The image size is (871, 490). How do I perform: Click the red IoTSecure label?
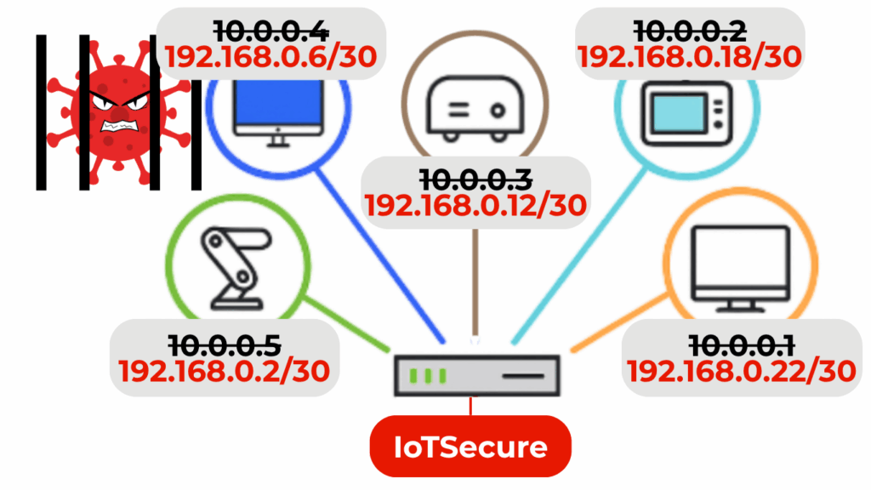click(x=470, y=446)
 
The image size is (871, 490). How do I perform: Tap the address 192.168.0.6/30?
click(x=270, y=57)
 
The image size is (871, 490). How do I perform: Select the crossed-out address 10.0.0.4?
click(x=270, y=31)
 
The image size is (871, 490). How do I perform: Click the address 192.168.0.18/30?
click(x=690, y=57)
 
